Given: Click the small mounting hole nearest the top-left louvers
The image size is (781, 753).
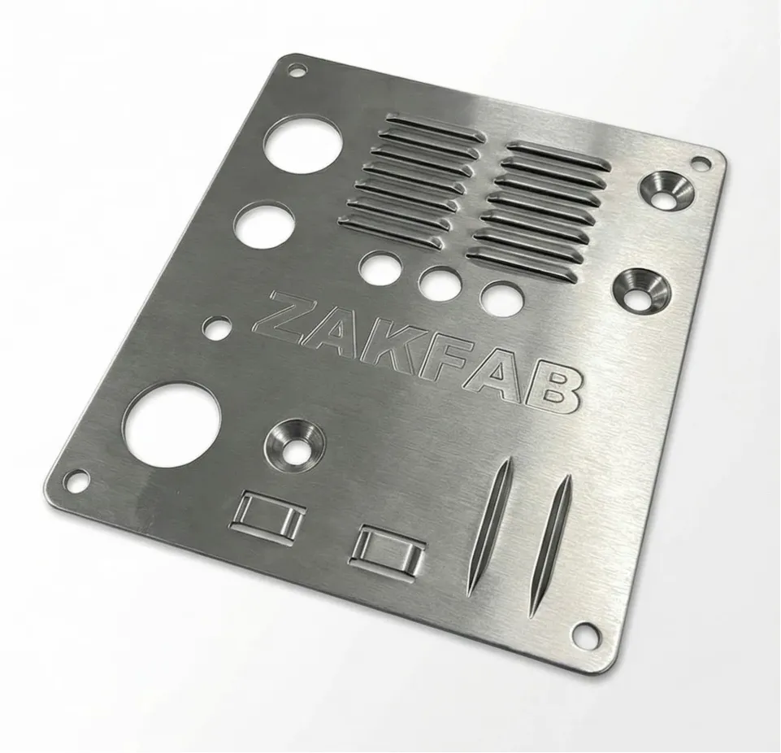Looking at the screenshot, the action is coord(297,70).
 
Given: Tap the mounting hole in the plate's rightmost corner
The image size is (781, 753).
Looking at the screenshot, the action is coord(701,163).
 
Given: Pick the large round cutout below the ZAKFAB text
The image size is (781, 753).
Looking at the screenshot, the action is coord(173,425).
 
